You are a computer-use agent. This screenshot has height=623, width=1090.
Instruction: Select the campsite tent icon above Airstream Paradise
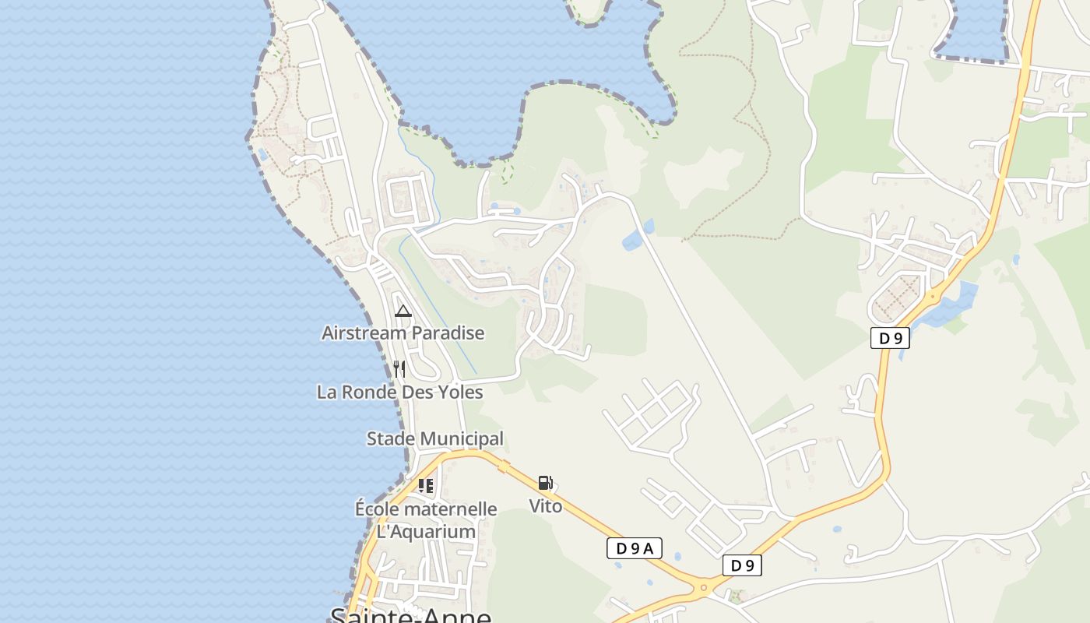[403, 311]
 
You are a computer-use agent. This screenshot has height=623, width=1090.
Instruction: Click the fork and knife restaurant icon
[399, 369]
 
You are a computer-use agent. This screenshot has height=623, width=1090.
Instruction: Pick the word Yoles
[459, 392]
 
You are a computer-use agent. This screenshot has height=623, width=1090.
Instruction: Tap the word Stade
[391, 439]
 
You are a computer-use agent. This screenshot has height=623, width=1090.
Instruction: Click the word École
[378, 509]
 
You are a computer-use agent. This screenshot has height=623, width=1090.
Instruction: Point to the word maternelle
[451, 509]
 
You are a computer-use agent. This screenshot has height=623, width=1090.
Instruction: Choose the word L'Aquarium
[426, 532]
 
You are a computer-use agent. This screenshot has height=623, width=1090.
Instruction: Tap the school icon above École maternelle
[425, 486]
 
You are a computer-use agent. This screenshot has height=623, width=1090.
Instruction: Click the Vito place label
[546, 506]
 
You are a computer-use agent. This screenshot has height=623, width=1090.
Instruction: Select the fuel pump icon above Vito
[546, 483]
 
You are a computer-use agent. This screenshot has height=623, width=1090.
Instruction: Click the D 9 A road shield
[634, 548]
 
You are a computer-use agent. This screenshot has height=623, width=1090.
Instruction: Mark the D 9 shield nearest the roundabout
[742, 565]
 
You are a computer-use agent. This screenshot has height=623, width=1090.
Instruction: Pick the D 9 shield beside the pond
[890, 338]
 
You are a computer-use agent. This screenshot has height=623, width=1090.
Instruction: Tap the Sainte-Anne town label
[411, 615]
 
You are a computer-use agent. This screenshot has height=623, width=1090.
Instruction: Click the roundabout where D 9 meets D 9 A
[704, 587]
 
